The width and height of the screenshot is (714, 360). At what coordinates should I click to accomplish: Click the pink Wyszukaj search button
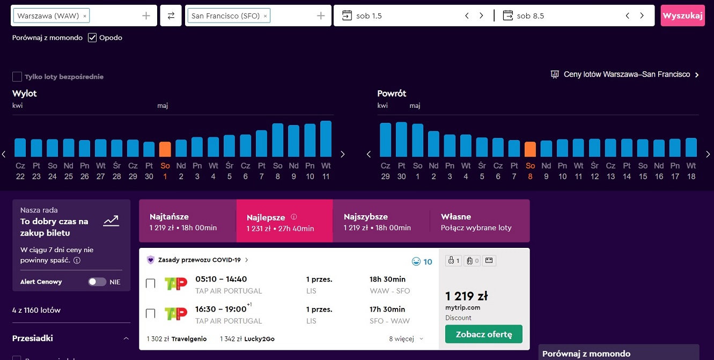point(682,16)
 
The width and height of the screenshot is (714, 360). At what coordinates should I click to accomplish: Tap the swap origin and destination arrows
point(171,16)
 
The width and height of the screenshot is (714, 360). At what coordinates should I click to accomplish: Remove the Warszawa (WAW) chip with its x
point(85,16)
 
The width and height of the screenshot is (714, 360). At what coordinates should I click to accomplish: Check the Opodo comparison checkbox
point(92,38)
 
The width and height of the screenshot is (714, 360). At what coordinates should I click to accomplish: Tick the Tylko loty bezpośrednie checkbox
point(17,77)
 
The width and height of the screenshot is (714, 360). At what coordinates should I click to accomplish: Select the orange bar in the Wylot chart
point(165,149)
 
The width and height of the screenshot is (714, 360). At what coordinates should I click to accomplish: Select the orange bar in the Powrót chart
point(530,149)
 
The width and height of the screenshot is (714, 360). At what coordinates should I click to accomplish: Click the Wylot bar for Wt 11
point(326,139)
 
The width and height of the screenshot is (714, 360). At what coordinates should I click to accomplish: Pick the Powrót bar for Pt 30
point(401,139)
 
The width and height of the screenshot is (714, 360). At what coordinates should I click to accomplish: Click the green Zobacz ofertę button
point(484,334)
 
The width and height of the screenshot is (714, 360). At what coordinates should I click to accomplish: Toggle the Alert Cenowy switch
point(97,282)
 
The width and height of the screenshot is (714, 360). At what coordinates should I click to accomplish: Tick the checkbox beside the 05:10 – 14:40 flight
point(150,283)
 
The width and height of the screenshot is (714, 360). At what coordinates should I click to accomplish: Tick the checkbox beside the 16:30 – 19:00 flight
point(150,313)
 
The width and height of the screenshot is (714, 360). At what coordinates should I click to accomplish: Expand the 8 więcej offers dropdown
point(406,339)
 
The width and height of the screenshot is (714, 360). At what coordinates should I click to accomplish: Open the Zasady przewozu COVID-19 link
point(200,260)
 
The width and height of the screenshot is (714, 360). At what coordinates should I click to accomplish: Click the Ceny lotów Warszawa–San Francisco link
point(627,75)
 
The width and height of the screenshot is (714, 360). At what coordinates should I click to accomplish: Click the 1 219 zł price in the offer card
point(466,296)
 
